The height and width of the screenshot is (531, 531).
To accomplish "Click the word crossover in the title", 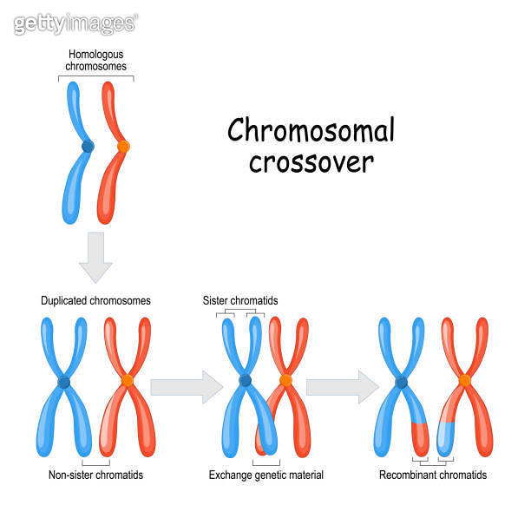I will click(x=311, y=162).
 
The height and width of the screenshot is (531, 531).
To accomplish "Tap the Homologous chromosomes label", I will click(x=97, y=60).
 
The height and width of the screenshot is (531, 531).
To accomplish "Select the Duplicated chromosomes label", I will click(x=95, y=301).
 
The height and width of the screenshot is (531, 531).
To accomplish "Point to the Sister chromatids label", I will click(x=240, y=301).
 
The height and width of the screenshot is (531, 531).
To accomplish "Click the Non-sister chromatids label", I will click(x=95, y=475).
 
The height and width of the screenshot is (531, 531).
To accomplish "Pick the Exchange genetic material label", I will click(x=266, y=475).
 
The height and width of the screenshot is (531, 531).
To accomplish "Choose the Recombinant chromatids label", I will click(x=433, y=475).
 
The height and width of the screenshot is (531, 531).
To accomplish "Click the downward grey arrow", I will click(x=95, y=259).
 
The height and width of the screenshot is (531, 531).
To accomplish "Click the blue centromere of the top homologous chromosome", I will click(x=88, y=147).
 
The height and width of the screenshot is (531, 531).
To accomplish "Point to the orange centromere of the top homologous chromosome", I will click(x=123, y=147).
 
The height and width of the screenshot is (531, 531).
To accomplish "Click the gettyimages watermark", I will click(x=75, y=23).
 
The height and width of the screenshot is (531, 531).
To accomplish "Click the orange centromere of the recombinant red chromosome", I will click(x=465, y=380).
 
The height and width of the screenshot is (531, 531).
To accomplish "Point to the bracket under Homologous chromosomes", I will click(x=95, y=77).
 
